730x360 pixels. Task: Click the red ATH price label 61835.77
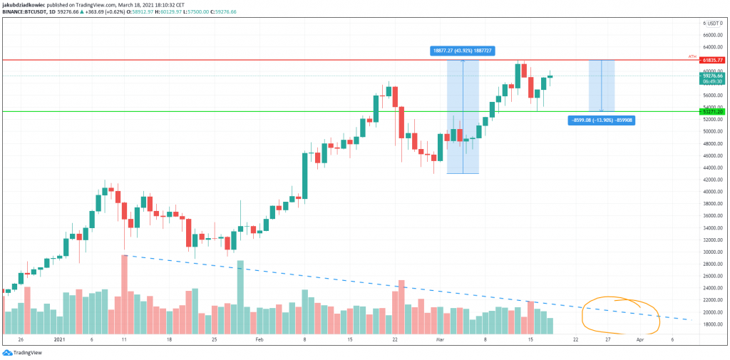(x=712, y=61)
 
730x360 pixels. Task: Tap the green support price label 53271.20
(x=712, y=112)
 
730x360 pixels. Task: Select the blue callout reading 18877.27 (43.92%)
(x=463, y=51)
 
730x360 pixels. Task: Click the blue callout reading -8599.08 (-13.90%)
(x=601, y=120)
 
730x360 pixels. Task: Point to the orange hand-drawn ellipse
(x=620, y=314)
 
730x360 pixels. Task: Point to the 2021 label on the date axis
(x=60, y=341)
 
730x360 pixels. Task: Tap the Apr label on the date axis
(x=641, y=341)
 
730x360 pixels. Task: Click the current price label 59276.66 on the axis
(x=712, y=76)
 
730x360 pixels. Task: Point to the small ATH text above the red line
(x=692, y=56)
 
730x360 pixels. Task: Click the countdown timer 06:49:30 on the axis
(x=712, y=81)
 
